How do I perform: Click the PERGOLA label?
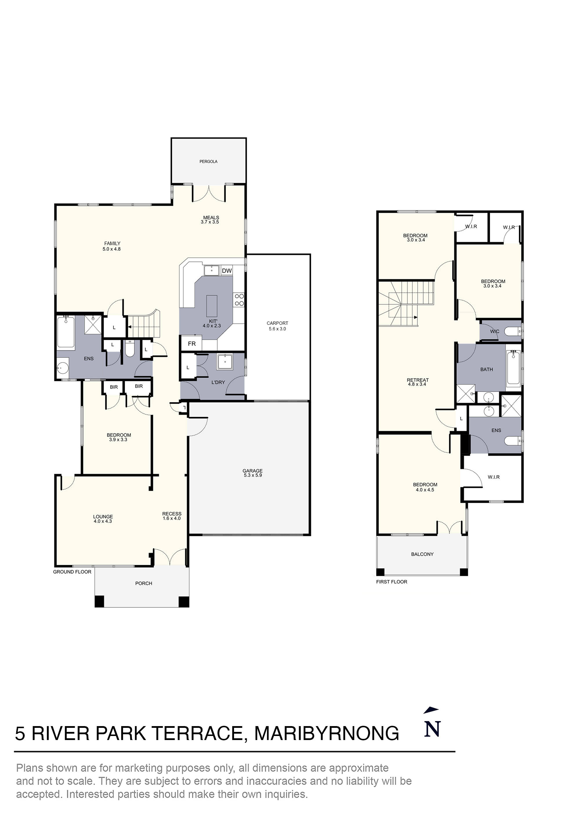coord(208,161)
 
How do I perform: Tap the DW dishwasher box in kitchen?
coord(226,271)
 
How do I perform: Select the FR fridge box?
coord(192,344)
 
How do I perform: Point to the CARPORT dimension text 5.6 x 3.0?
coord(277,329)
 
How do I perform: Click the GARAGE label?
coord(253,471)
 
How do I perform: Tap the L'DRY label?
coord(218,382)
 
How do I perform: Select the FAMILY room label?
coord(112,243)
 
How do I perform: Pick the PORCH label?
coord(144,583)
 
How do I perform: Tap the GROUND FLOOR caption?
coord(72,571)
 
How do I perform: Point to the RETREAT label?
coord(417,380)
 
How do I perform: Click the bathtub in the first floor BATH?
coord(513,368)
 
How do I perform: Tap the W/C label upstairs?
coord(494,331)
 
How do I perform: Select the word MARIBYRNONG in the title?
coord(326,733)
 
